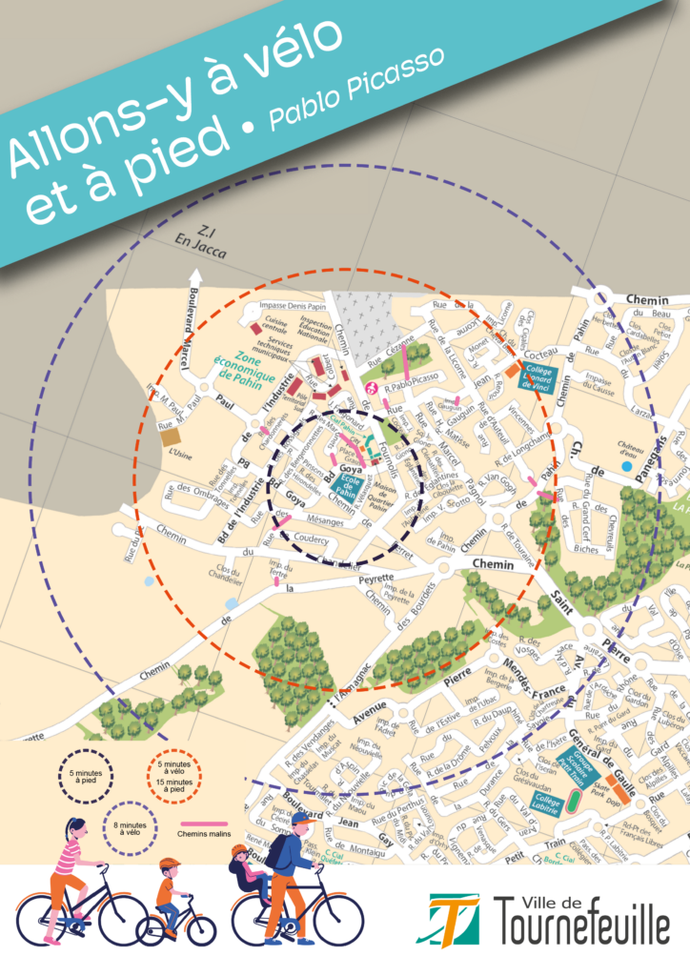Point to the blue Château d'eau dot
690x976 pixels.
click(623, 465)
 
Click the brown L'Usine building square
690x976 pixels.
click(172, 436)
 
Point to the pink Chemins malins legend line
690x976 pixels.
click(204, 822)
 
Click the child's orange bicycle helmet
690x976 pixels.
click(170, 864)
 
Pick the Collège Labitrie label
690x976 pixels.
click(545, 802)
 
